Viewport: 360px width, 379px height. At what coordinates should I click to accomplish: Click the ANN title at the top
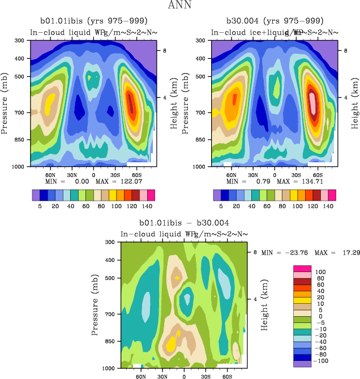click(x=180, y=5)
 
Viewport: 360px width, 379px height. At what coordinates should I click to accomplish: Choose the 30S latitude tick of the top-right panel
click(x=296, y=175)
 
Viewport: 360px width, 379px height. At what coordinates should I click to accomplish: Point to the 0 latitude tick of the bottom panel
click(x=184, y=376)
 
